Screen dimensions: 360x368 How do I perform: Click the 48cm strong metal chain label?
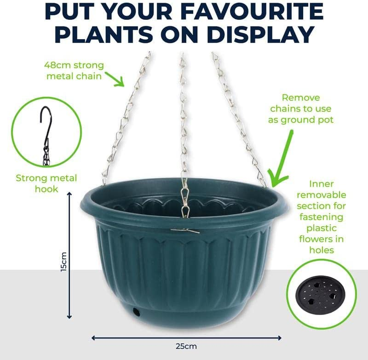click(x=74, y=70)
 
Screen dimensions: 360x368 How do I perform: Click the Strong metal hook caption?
click(x=46, y=183)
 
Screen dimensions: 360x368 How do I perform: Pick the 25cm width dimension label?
click(x=186, y=346)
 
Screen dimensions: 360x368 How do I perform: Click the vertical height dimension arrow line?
click(x=69, y=254)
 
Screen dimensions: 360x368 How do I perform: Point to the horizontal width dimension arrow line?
click(x=186, y=337)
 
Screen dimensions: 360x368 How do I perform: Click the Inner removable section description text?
click(x=321, y=216)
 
